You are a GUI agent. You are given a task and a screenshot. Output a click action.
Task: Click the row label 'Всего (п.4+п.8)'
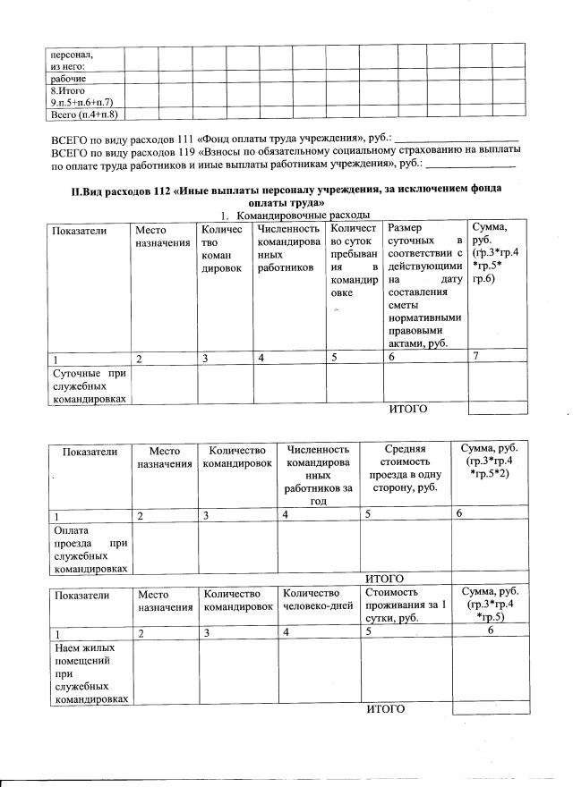point(84,114)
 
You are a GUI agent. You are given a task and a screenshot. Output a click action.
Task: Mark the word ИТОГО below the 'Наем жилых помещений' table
point(386,709)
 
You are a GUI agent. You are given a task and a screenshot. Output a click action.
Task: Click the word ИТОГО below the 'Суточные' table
point(406,410)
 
